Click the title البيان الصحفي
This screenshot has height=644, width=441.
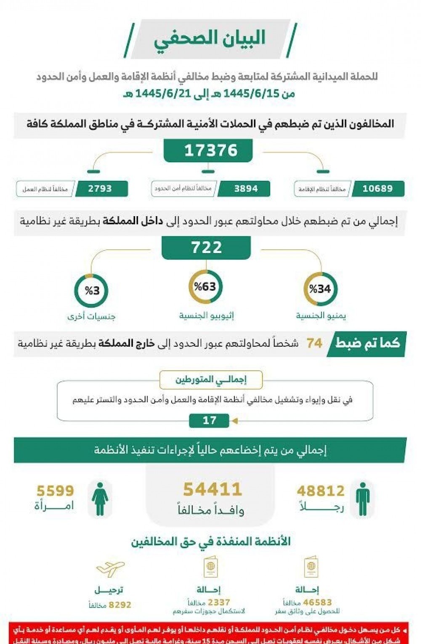pyautogui.click(x=209, y=39)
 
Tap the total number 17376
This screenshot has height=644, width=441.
pyautogui.click(x=210, y=150)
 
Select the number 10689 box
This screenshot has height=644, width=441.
pyautogui.click(x=377, y=189)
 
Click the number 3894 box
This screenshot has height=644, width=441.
pyautogui.click(x=246, y=189)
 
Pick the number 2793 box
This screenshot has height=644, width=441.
pyautogui.click(x=100, y=189)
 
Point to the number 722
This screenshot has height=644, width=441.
pyautogui.click(x=206, y=247)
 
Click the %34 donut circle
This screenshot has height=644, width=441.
pyautogui.click(x=320, y=289)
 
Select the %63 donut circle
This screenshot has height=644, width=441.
pyautogui.click(x=205, y=287)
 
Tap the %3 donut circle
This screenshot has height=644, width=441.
pyautogui.click(x=91, y=290)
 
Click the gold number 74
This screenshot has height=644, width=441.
pyautogui.click(x=314, y=343)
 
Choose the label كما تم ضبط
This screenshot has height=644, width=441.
pyautogui.click(x=367, y=343)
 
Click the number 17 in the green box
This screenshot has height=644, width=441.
pyautogui.click(x=210, y=420)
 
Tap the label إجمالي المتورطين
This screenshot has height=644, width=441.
pyautogui.click(x=211, y=380)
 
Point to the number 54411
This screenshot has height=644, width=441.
pyautogui.click(x=213, y=489)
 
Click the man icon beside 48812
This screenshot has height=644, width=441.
pyautogui.click(x=362, y=499)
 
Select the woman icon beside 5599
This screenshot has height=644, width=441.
pyautogui.click(x=100, y=499)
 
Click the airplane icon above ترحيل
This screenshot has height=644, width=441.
pyautogui.click(x=110, y=569)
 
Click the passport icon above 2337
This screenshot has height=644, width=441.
pyautogui.click(x=210, y=568)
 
